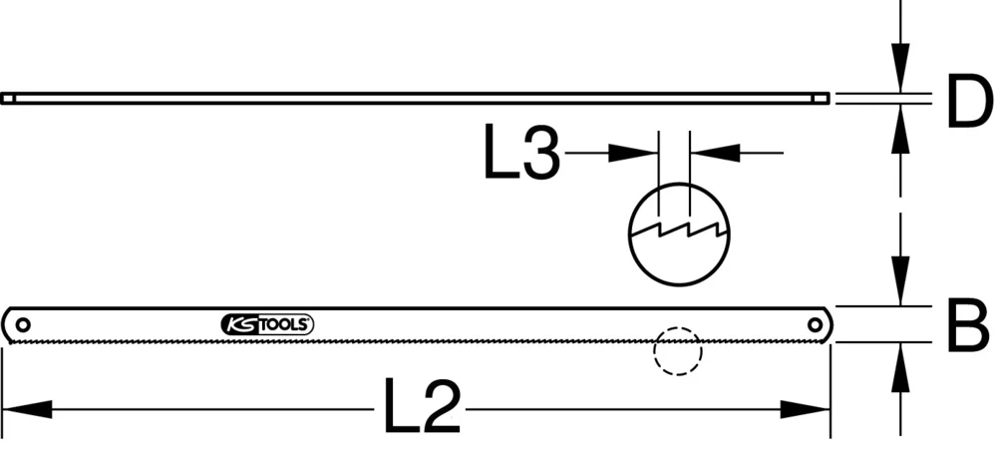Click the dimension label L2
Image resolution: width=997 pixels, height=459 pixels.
(422, 408)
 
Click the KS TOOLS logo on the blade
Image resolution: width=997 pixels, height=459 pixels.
(266, 324)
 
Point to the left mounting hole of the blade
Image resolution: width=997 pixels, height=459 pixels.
(23, 323)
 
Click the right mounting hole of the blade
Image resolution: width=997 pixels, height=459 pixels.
(815, 323)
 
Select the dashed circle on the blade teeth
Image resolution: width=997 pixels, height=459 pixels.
(678, 350)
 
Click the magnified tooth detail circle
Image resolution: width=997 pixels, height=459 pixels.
(679, 232)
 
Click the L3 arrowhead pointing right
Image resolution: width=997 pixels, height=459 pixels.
(634, 153)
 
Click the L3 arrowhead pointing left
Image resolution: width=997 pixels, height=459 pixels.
(718, 153)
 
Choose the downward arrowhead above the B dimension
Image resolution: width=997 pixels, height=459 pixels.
(901, 280)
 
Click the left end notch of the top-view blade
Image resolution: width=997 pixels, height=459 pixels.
(8, 98)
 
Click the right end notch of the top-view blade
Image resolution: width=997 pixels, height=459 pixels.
(822, 98)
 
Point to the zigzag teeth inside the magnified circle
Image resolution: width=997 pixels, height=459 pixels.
(679, 235)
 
